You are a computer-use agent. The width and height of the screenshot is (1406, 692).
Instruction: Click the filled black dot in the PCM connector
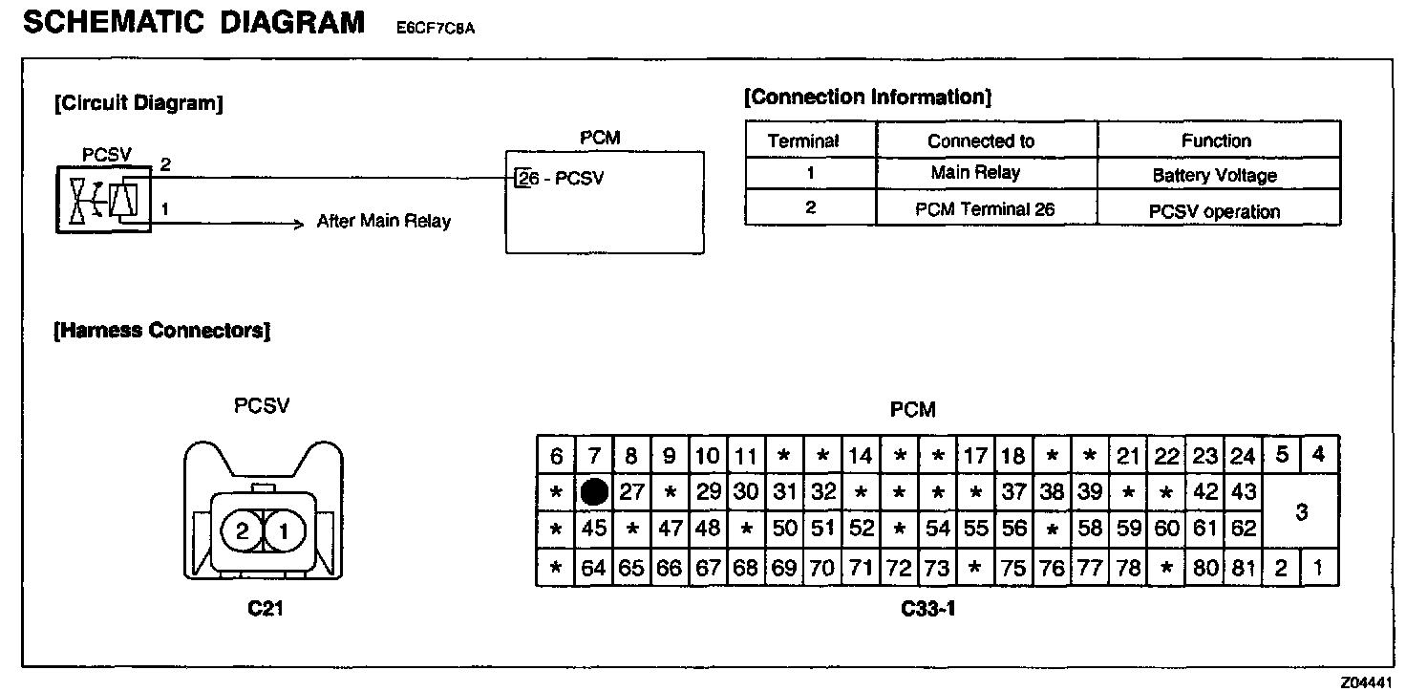pos(594,492)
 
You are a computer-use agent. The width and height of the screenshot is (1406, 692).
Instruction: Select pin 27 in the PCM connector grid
pos(631,492)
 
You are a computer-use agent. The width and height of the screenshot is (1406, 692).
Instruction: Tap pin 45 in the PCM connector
pos(594,529)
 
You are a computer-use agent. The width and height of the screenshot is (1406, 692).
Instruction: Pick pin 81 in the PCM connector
pos(1243,568)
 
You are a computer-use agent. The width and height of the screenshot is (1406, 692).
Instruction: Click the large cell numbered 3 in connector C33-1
pos(1301,511)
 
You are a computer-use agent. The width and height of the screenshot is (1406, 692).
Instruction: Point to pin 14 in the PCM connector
pos(861,456)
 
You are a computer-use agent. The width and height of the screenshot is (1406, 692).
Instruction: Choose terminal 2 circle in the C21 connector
pos(242,530)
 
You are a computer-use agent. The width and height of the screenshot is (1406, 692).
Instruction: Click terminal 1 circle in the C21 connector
pos(284,530)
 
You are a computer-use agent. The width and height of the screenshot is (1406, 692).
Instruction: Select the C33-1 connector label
pos(927,608)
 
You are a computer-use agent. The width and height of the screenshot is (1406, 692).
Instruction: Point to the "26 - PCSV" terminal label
pos(561,179)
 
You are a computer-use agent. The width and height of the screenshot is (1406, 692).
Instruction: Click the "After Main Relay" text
pos(384,222)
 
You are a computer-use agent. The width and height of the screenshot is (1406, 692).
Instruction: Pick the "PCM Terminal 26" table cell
pos(985,209)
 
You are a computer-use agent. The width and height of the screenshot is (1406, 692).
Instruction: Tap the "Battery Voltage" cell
pos(1214,176)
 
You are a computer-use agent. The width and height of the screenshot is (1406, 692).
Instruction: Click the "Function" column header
pos(1216,141)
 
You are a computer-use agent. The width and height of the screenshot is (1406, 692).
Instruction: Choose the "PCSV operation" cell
pos(1215,211)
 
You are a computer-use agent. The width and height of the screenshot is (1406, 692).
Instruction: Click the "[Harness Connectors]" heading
pos(162,331)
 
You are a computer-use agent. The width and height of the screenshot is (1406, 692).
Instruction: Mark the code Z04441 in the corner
pos(1367,682)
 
